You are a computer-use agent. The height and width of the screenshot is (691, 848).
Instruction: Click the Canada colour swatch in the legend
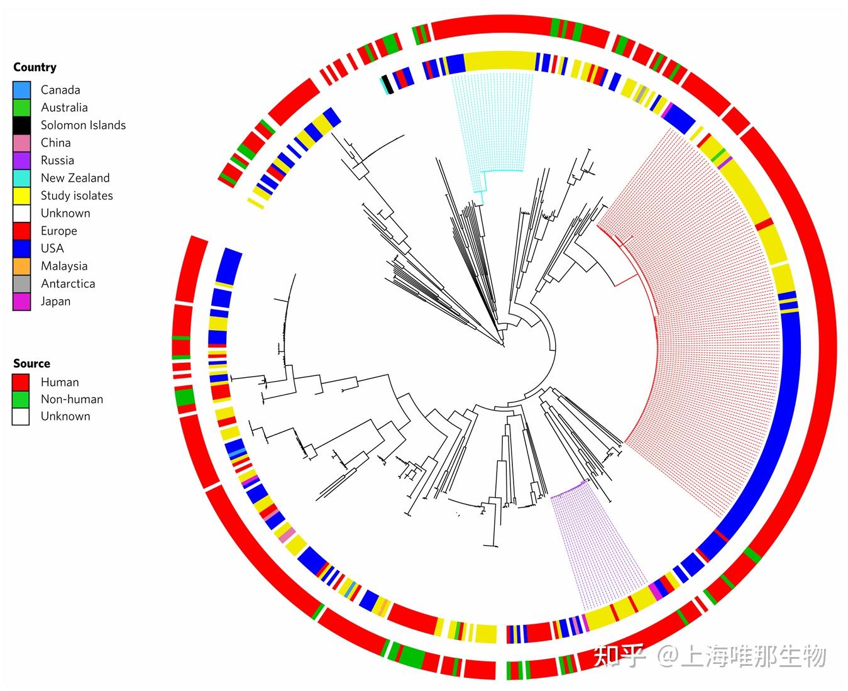pos(21,90)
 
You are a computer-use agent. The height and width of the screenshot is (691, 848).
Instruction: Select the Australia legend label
pos(64,108)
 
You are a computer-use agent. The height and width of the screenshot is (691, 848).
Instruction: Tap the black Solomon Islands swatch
pos(21,125)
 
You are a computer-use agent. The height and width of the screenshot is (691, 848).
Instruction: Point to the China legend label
pos(55,143)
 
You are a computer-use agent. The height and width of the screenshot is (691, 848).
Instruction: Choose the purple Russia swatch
pos(21,160)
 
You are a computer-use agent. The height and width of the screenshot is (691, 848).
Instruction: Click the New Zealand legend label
pos(75,178)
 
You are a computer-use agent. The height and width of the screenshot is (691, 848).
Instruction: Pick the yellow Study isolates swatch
pos(21,196)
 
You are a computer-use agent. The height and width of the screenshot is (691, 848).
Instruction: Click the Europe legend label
pos(58,231)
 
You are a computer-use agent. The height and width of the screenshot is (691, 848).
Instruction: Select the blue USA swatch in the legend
pos(21,248)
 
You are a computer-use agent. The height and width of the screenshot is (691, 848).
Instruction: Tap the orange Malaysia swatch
pos(21,266)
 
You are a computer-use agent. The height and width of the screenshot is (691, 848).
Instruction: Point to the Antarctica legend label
pos(68,284)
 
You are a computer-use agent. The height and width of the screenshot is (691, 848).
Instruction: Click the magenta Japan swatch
pos(21,301)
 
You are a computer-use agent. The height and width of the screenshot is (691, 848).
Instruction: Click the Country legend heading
pos(35,67)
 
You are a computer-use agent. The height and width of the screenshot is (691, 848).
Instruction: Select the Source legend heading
pos(31,363)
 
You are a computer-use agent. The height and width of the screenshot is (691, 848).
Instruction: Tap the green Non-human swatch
pos(21,399)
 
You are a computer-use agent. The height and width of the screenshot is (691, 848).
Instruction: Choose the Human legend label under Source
pos(60,382)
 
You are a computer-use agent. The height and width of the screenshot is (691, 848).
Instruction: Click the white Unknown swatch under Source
pos(21,416)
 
